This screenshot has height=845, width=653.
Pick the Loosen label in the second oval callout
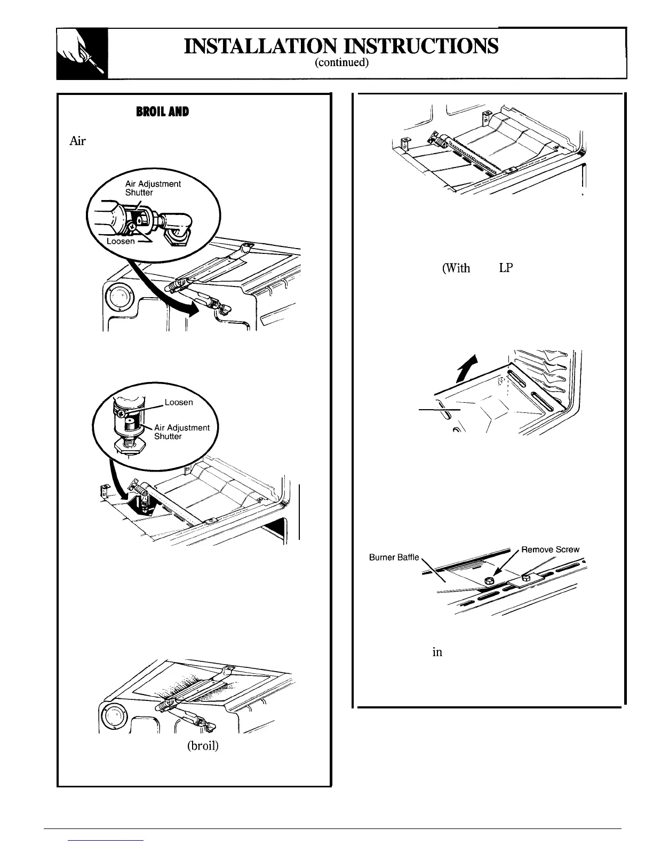point(178,402)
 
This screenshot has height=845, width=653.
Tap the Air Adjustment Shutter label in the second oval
point(181,432)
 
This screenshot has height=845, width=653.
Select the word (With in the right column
point(456,268)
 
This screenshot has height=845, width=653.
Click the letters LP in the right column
point(505,268)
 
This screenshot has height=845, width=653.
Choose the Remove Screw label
point(550,549)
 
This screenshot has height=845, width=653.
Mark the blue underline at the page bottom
point(106,840)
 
